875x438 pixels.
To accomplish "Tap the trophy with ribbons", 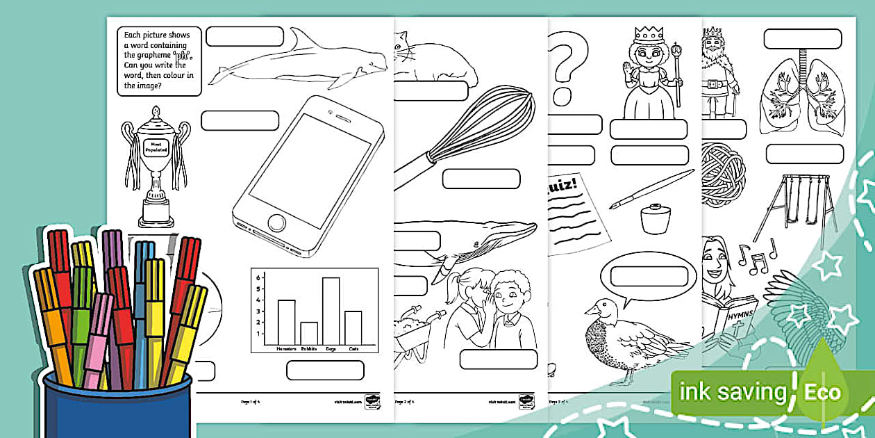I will tap(156, 163).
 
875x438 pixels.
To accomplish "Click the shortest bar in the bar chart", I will tap(308, 333).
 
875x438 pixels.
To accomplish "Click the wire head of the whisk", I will tap(496, 122).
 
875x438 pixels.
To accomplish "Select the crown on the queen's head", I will tap(646, 35).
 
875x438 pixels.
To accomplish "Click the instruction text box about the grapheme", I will tap(159, 61).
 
